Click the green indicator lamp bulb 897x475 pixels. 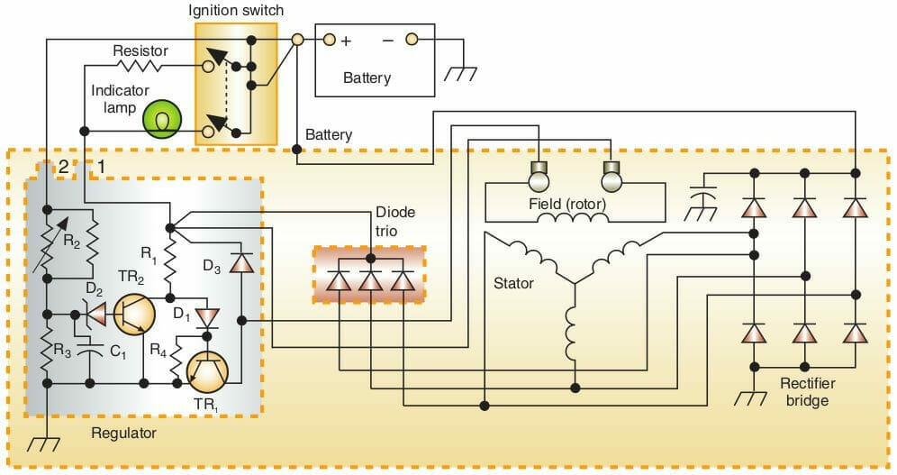tap(162, 119)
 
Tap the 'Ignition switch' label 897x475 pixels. tap(235, 11)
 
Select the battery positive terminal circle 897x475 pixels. tap(329, 40)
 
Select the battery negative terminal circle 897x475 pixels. tap(412, 40)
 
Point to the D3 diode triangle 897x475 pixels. tap(241, 262)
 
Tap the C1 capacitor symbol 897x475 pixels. tap(90, 352)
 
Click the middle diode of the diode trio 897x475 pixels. tap(370, 280)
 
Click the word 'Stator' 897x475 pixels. tap(513, 283)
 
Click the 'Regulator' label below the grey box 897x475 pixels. tap(123, 434)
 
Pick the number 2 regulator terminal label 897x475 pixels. tap(63, 166)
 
